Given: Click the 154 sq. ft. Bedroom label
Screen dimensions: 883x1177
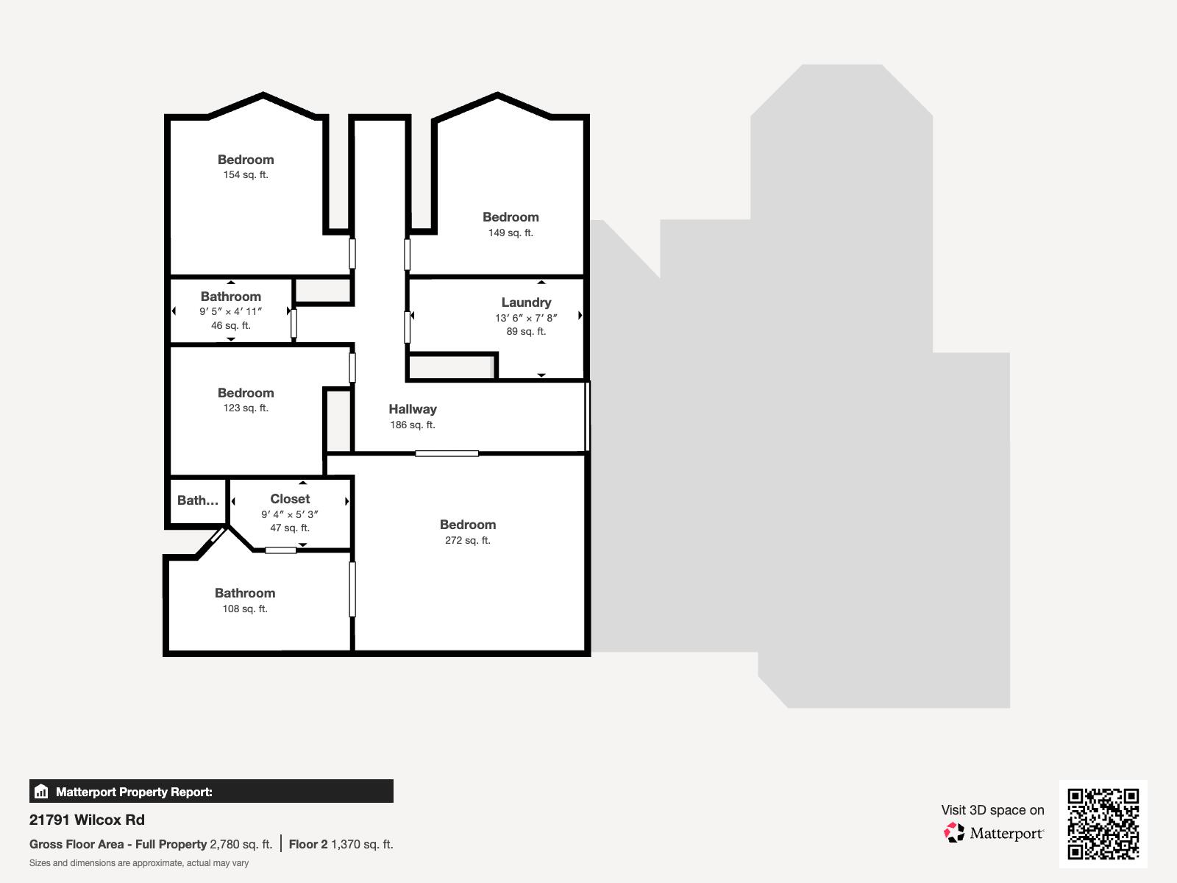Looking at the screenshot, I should (x=246, y=160).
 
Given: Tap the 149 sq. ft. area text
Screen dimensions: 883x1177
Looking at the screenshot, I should (x=511, y=233).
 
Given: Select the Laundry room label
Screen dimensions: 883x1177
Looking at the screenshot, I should (x=526, y=302).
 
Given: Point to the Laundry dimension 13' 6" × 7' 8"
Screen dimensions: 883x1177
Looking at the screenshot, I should (x=526, y=318).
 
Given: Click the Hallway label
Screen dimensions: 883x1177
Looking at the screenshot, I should (x=413, y=409).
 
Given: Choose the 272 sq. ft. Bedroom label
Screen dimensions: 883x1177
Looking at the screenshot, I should (x=468, y=525).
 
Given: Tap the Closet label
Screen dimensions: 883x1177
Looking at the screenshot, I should (x=290, y=499).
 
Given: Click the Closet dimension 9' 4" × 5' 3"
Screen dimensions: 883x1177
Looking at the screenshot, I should (x=290, y=514).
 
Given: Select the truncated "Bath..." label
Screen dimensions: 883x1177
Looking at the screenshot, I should (x=198, y=500).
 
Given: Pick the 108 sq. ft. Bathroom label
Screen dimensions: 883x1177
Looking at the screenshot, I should (x=245, y=593).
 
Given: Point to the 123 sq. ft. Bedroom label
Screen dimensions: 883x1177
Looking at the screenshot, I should (x=246, y=393).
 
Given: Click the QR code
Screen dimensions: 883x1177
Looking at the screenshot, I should (x=1103, y=823).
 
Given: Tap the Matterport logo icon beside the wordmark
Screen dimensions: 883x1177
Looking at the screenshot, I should (x=954, y=833).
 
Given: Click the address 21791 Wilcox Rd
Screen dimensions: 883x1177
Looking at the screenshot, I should (x=87, y=820).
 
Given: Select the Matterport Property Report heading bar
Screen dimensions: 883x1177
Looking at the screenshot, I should (x=211, y=792).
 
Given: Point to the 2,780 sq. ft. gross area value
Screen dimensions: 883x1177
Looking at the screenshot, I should (x=241, y=844).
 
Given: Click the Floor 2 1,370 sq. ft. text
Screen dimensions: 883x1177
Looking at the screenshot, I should (x=341, y=844).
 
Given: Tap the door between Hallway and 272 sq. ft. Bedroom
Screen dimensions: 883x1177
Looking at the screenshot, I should (x=447, y=453).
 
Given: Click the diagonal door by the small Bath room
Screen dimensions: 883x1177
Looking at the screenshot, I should (x=218, y=535).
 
